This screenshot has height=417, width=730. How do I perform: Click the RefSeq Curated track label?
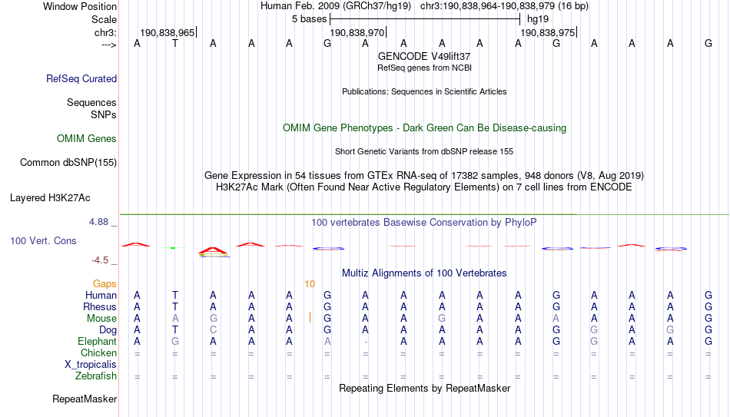[81, 78]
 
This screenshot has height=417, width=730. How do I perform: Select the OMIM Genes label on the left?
[87, 139]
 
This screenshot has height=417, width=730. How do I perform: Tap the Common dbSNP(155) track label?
[68, 163]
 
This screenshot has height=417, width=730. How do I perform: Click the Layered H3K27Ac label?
[50, 198]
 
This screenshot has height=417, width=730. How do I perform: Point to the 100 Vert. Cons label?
[43, 240]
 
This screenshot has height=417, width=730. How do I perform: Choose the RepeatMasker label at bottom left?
[85, 399]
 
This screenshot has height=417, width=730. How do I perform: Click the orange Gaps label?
[105, 284]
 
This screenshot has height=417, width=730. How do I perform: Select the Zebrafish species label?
[96, 376]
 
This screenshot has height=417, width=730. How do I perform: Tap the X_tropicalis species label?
[91, 365]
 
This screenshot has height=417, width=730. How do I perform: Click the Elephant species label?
[98, 341]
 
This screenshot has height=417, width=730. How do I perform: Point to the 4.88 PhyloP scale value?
[98, 222]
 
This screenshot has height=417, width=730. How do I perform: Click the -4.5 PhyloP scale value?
[100, 260]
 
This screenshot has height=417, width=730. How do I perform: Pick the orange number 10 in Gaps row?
[310, 284]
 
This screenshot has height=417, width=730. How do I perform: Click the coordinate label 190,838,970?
[357, 32]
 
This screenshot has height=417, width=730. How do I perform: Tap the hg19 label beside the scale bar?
[538, 19]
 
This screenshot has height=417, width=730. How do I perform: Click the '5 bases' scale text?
[309, 19]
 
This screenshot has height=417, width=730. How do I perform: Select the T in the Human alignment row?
[175, 295]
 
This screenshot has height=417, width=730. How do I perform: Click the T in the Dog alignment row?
[175, 330]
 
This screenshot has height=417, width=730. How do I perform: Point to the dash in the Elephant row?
[366, 342]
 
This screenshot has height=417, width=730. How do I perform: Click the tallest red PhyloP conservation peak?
[213, 250]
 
